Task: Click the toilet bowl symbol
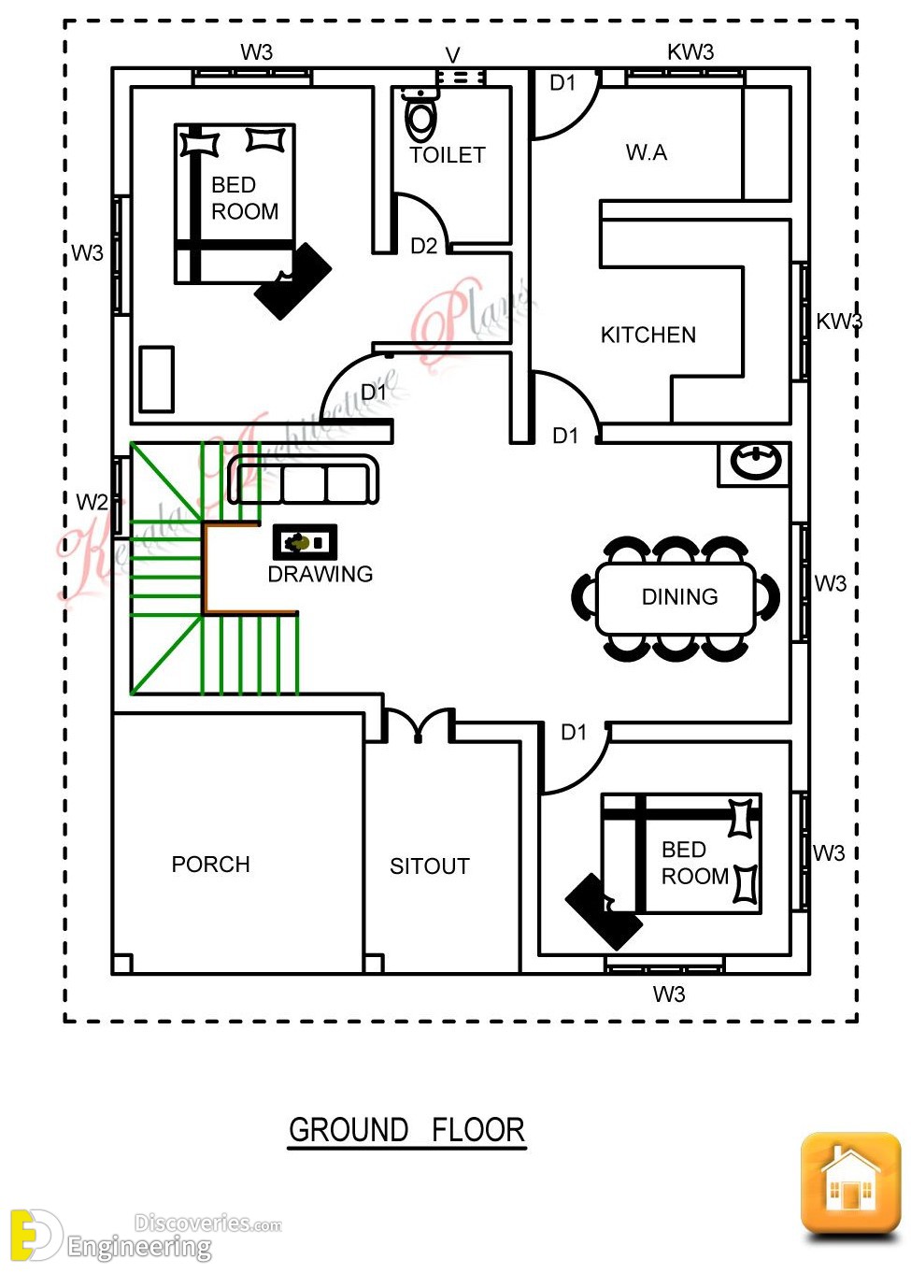(x=421, y=117)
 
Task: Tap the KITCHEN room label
(x=648, y=335)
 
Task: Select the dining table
(x=676, y=599)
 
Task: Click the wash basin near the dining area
(x=755, y=461)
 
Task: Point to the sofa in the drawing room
(x=304, y=480)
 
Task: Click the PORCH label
(x=210, y=865)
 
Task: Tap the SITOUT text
(x=429, y=866)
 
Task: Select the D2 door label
(x=423, y=246)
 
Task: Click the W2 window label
(x=92, y=502)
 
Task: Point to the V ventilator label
(x=452, y=55)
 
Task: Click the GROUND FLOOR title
(x=406, y=1130)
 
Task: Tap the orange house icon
(x=850, y=1184)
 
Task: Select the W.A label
(x=646, y=152)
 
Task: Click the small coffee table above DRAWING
(x=305, y=542)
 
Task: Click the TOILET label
(x=447, y=155)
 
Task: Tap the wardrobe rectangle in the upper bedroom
(x=157, y=379)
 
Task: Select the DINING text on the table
(x=679, y=597)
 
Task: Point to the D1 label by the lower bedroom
(x=574, y=733)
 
